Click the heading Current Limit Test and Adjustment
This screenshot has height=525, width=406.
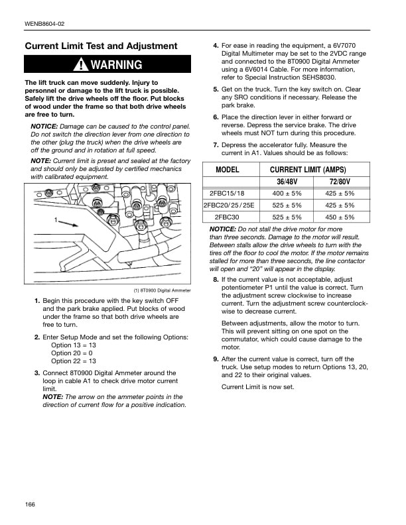point(101,46)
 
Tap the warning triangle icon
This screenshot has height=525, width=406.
point(82,64)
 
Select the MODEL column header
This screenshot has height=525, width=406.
point(227,170)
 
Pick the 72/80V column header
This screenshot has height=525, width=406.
point(340,182)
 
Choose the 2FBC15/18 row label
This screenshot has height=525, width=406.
point(227,194)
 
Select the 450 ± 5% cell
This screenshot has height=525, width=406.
point(340,217)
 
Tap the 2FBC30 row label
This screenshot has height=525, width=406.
point(227,217)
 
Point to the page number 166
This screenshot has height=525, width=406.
point(30,504)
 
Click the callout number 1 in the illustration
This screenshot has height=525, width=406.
point(56,219)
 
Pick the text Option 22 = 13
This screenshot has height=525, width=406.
point(74,361)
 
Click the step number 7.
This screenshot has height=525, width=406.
point(216,145)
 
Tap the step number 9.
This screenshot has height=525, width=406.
point(216,359)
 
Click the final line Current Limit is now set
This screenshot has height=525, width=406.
point(257,386)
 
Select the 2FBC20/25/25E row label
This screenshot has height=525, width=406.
point(227,205)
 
